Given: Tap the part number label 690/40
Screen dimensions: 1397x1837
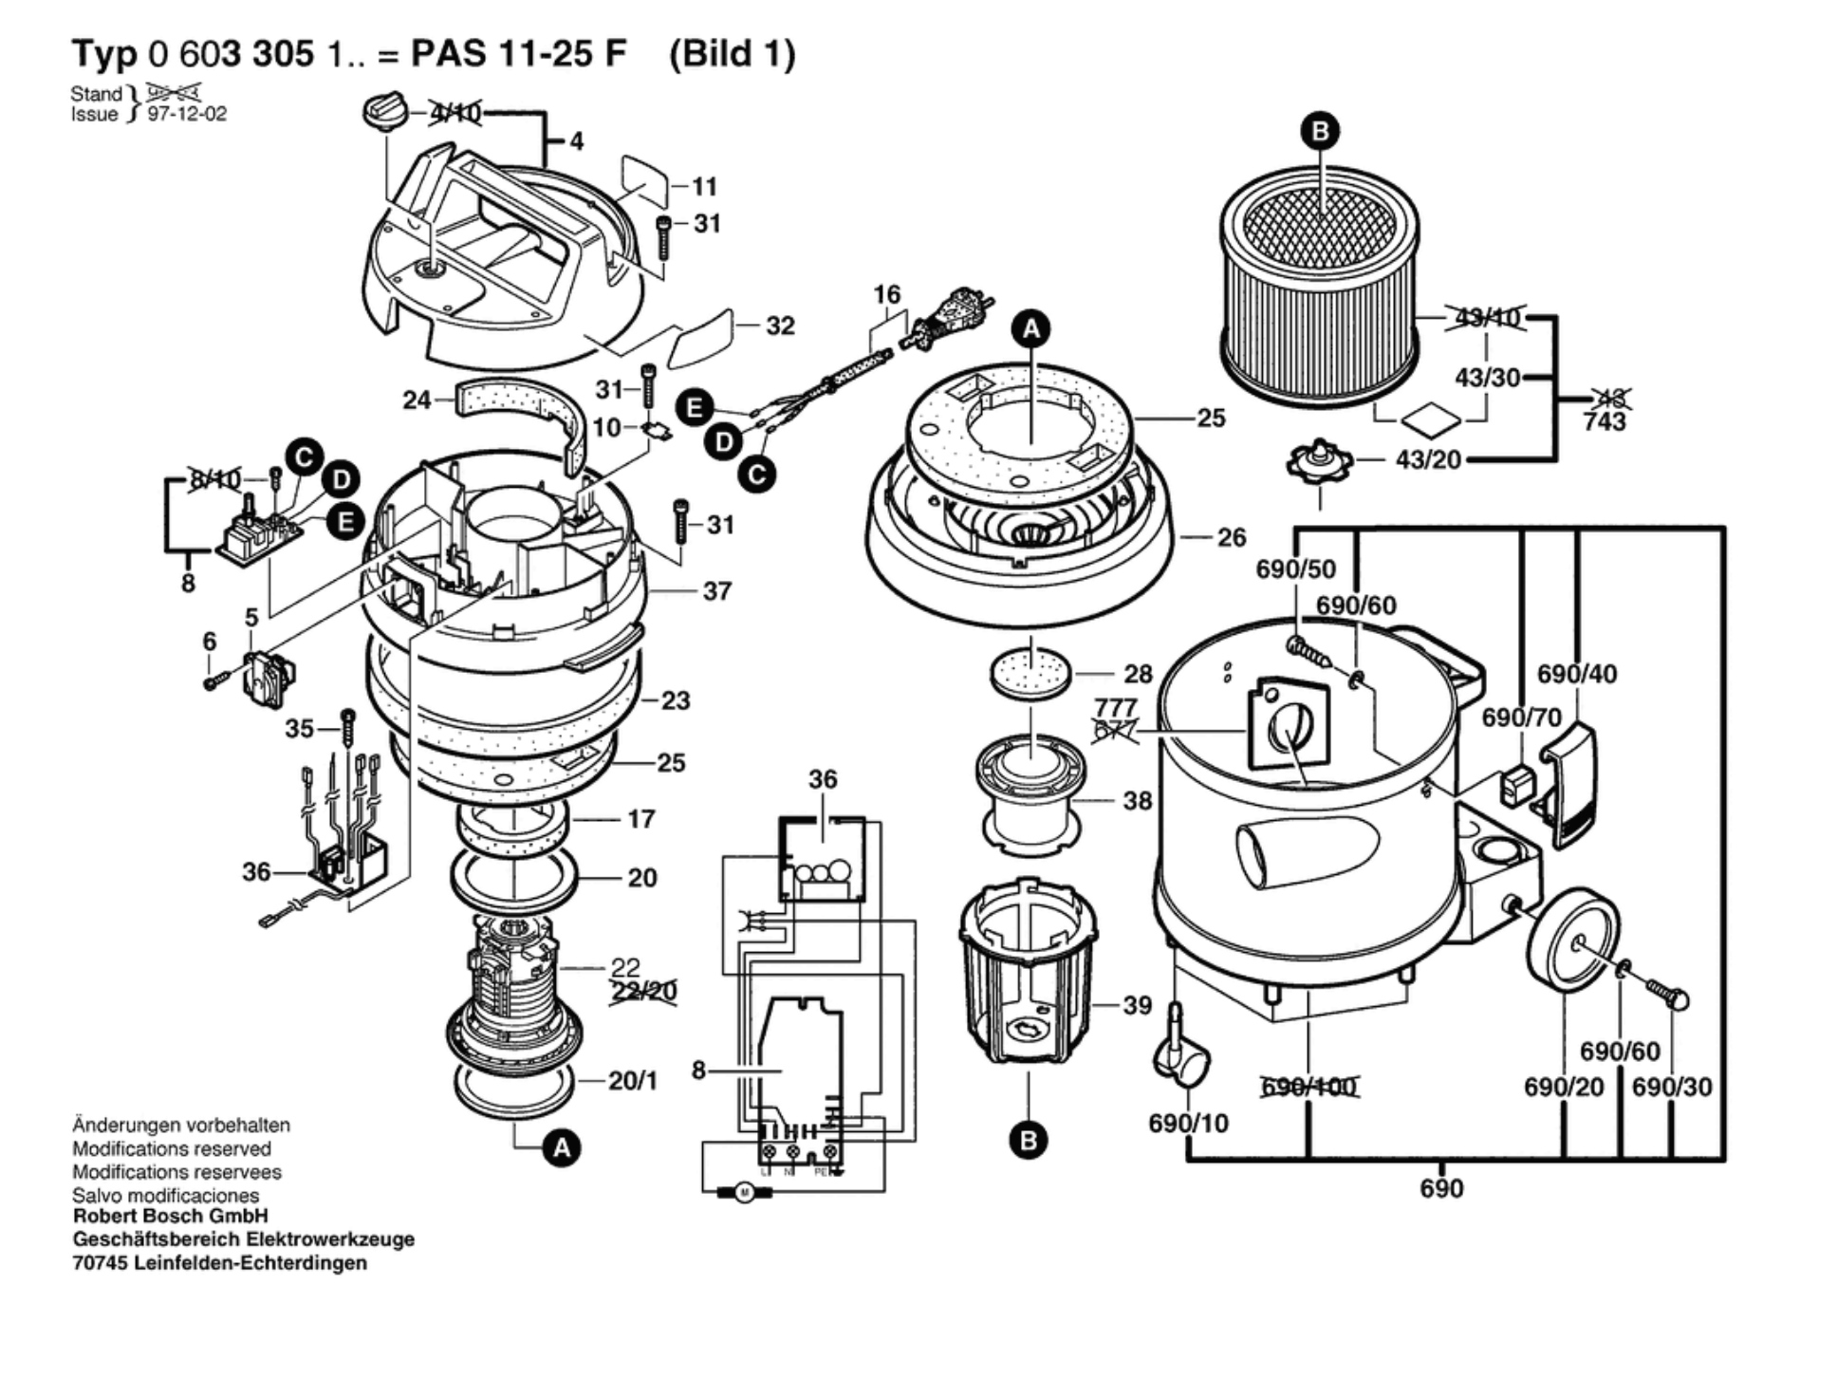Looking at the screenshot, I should click(x=1577, y=674).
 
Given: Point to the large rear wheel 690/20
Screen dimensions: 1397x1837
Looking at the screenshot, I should click(x=1571, y=940).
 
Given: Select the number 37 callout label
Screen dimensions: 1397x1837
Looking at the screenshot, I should click(x=716, y=591).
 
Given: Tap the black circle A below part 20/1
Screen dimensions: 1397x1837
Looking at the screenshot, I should click(x=562, y=1148).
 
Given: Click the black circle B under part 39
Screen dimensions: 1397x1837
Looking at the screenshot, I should click(x=1029, y=1140).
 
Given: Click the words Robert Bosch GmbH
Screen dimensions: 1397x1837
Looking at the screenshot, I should click(x=171, y=1216).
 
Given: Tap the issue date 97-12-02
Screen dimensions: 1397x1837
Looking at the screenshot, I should click(x=187, y=115).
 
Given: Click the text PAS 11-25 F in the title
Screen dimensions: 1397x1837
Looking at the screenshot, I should click(x=518, y=53).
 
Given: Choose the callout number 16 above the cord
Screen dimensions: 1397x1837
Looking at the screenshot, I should click(x=886, y=294).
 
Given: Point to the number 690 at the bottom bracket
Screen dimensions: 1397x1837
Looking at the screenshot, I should click(x=1441, y=1188).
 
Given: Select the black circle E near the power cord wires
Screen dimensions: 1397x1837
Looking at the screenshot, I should click(x=695, y=408).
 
